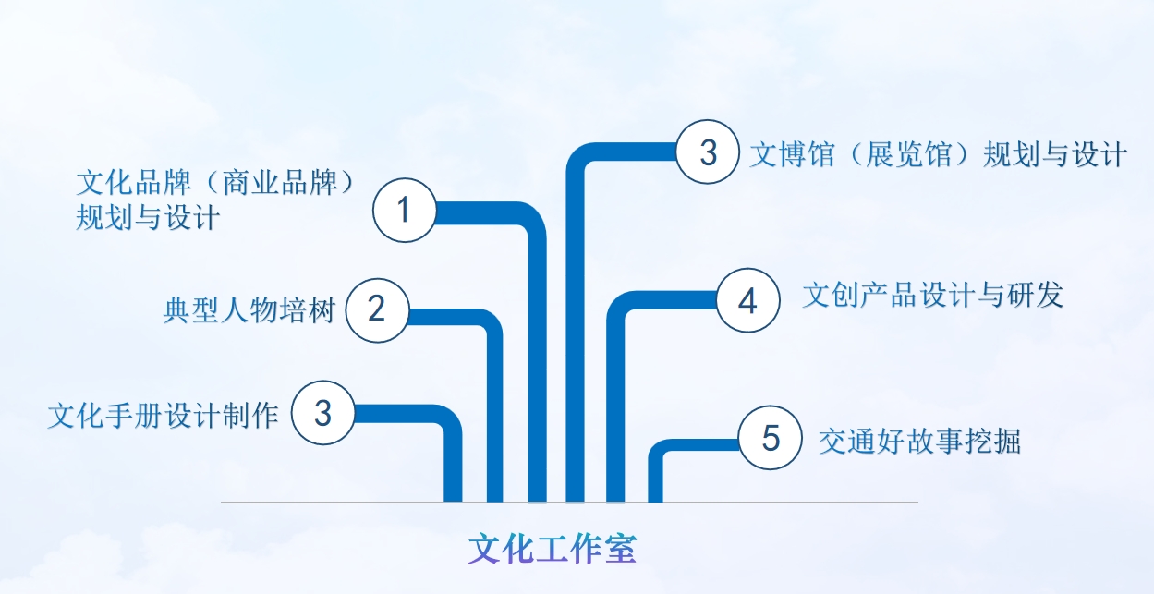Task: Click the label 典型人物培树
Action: tap(249, 310)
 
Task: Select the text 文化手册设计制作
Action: tap(163, 415)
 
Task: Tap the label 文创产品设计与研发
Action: tap(933, 295)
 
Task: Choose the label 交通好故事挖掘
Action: tap(919, 441)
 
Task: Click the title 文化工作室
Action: tap(553, 549)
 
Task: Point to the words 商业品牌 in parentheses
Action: tap(280, 182)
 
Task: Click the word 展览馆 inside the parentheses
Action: tap(908, 153)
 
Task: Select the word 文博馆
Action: tap(792, 153)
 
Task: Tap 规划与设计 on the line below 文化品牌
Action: tap(148, 217)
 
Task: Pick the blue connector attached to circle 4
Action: tap(615, 350)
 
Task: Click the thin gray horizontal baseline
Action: tap(569, 502)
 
